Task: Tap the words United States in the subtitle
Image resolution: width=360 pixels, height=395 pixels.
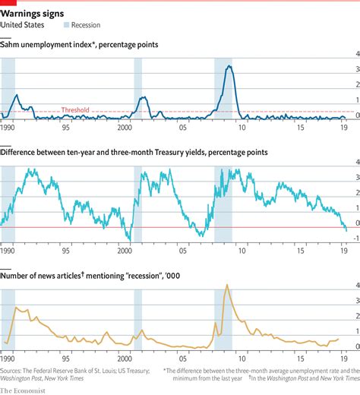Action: coord(23,25)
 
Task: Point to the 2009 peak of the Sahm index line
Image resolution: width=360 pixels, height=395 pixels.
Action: coord(229,66)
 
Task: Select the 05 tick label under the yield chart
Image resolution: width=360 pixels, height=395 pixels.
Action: coord(182,249)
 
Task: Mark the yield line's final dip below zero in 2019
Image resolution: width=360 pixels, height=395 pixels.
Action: coord(346,229)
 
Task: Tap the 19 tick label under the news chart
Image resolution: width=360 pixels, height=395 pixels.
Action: coord(343,356)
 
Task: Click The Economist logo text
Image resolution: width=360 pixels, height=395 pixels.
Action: coord(22,389)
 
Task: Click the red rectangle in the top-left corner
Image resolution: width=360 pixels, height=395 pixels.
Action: coord(8,2)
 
